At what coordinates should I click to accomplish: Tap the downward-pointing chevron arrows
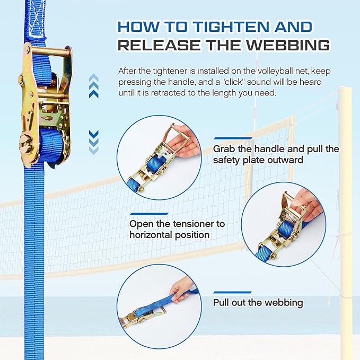click(94, 142)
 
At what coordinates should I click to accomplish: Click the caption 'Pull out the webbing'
click(258, 303)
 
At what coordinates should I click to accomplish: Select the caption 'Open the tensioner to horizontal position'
click(177, 229)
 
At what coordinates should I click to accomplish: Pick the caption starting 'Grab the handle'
click(276, 154)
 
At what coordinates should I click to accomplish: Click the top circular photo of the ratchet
click(159, 157)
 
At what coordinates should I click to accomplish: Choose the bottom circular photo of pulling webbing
click(159, 307)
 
